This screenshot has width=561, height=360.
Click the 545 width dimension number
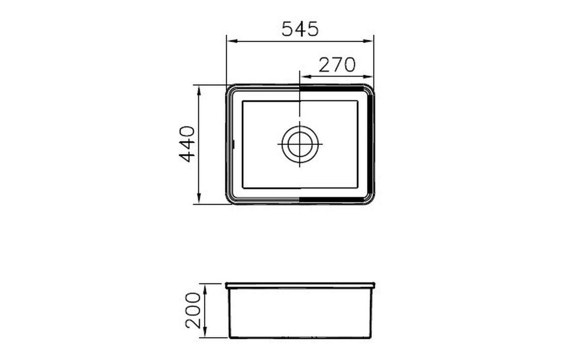pos(300,29)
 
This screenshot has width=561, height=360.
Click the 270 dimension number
pos(337,65)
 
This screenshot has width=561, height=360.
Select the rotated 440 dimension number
pos(187,144)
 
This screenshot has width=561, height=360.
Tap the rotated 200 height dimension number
pos(193,310)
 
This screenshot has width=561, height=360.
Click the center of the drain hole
pos(300,144)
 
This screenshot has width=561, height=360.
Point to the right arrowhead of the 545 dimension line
pos(368,41)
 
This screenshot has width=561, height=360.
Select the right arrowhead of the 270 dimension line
pos(368,77)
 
